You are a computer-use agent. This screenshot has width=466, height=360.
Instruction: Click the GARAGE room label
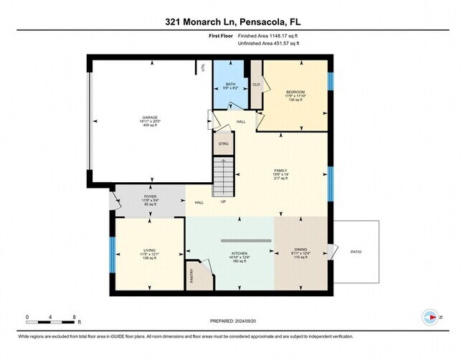[148, 117]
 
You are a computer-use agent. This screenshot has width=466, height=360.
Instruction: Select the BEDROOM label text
[296, 93]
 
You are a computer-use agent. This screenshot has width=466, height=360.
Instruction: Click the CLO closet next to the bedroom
[256, 84]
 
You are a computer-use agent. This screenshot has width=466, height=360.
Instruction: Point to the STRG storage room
[223, 143]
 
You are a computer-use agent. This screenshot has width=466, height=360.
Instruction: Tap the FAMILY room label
[280, 171]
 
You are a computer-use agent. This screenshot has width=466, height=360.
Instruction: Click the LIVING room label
[149, 251]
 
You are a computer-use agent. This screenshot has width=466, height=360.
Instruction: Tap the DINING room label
[300, 252]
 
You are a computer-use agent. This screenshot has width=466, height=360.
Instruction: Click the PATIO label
[356, 252]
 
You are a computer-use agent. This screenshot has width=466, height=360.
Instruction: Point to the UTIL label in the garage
[204, 69]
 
